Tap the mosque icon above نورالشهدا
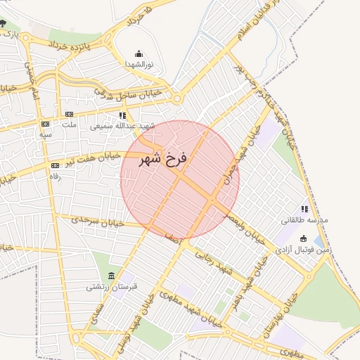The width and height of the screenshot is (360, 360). pos(138,53)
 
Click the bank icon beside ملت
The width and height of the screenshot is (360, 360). pos(69,114)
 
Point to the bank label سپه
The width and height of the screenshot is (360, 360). pos(46,133)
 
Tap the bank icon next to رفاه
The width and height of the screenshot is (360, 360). pos(55,166)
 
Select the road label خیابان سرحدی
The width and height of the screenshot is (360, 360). pos(98,221)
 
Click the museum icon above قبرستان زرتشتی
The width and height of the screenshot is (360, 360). pos(112,275)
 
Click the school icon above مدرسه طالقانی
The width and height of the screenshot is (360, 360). pos(304,209)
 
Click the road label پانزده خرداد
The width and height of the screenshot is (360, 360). pos(73,44)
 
